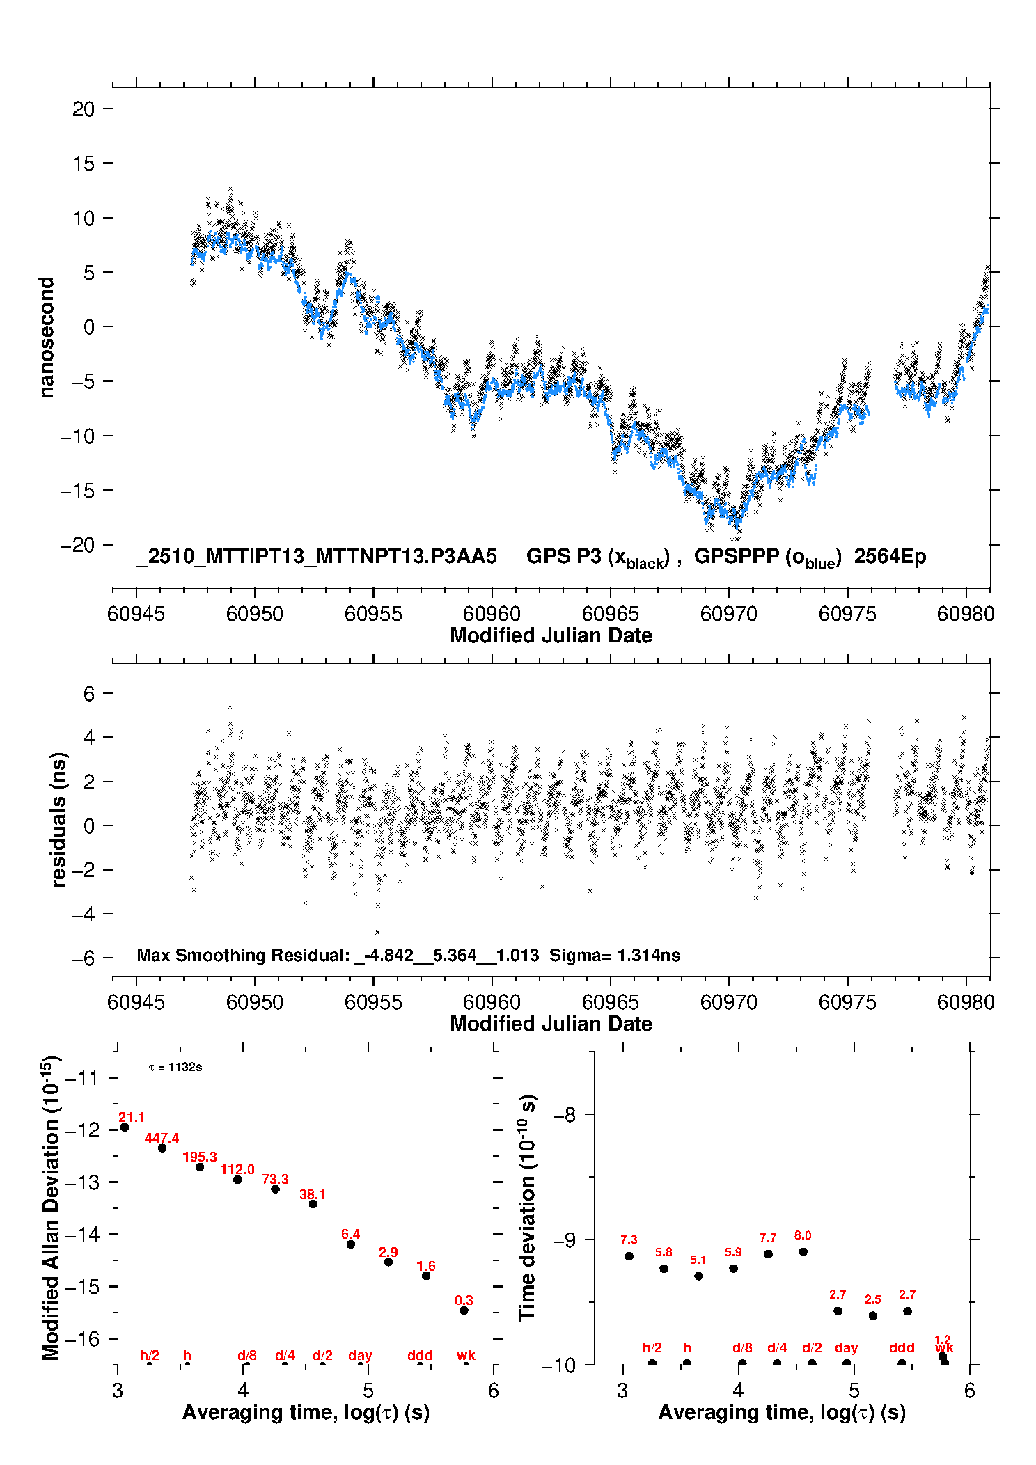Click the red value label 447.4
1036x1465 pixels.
[162, 1138]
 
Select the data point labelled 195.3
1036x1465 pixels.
[200, 1167]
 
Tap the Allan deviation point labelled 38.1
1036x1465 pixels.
[313, 1204]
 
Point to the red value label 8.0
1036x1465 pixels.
[803, 1235]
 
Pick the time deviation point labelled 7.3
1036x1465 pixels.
[629, 1256]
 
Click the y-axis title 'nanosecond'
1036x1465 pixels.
[47, 338]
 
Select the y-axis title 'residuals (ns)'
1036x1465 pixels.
[59, 819]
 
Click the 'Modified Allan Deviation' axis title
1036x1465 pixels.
[50, 1207]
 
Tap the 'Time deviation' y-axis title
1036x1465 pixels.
[527, 1207]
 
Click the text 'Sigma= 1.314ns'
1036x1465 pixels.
[615, 956]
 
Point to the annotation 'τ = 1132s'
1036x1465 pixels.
[175, 1068]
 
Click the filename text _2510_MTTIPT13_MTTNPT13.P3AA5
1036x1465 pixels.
[317, 557]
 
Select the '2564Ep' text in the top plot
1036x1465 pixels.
[890, 557]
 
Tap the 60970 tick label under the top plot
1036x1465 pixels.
[729, 614]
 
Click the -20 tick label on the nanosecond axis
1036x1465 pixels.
[77, 545]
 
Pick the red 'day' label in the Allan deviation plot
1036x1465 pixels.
[360, 1355]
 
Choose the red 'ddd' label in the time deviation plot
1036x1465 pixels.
[902, 1348]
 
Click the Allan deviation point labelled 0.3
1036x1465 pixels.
[464, 1310]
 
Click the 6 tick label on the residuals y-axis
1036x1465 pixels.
[88, 693]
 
